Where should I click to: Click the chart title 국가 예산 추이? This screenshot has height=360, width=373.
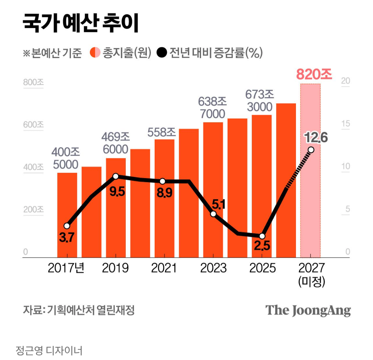(80, 23)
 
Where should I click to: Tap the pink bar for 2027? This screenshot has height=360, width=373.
(310, 171)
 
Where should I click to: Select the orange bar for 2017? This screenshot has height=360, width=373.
(67, 215)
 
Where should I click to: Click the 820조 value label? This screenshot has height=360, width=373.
(314, 74)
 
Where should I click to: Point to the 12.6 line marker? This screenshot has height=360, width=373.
(311, 150)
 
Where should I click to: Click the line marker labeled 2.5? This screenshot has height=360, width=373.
(262, 236)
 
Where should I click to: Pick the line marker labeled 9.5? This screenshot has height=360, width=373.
(116, 176)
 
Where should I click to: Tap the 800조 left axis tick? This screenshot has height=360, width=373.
(34, 82)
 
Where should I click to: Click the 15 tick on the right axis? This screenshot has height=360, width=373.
(346, 124)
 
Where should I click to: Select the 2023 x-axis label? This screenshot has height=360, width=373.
(213, 268)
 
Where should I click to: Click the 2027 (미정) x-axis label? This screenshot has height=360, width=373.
(312, 275)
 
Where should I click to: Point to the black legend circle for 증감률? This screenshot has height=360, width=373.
(162, 53)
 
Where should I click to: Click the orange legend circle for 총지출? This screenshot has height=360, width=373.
(95, 53)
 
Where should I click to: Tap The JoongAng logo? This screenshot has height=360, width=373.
(308, 310)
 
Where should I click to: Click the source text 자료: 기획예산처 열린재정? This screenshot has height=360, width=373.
(79, 310)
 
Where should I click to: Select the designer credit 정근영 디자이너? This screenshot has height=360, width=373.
(49, 350)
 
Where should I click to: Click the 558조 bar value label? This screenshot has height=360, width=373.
(162, 132)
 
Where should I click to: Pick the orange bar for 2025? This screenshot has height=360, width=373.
(262, 186)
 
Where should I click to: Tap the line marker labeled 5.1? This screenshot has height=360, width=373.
(213, 214)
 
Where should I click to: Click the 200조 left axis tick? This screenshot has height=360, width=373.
(34, 210)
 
